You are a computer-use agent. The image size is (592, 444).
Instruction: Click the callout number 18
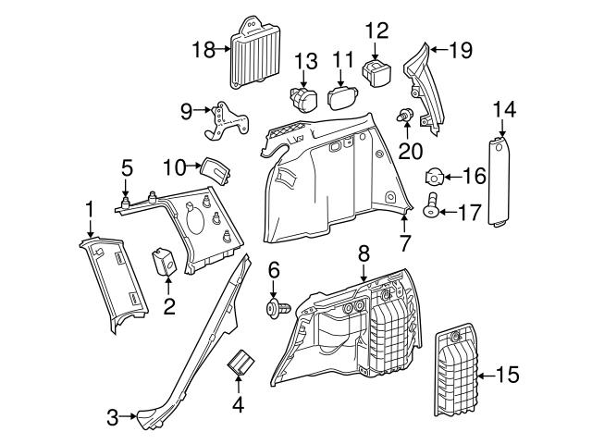tap(203, 48)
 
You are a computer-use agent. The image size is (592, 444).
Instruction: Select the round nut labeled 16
tap(434, 176)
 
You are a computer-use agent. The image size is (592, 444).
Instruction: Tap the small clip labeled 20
tap(404, 117)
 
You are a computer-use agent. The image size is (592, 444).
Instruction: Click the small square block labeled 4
tap(243, 363)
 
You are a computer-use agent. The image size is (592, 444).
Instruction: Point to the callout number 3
tap(113, 417)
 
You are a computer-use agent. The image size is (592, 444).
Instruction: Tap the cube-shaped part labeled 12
tap(376, 72)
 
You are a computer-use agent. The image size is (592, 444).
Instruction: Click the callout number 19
tap(459, 50)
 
